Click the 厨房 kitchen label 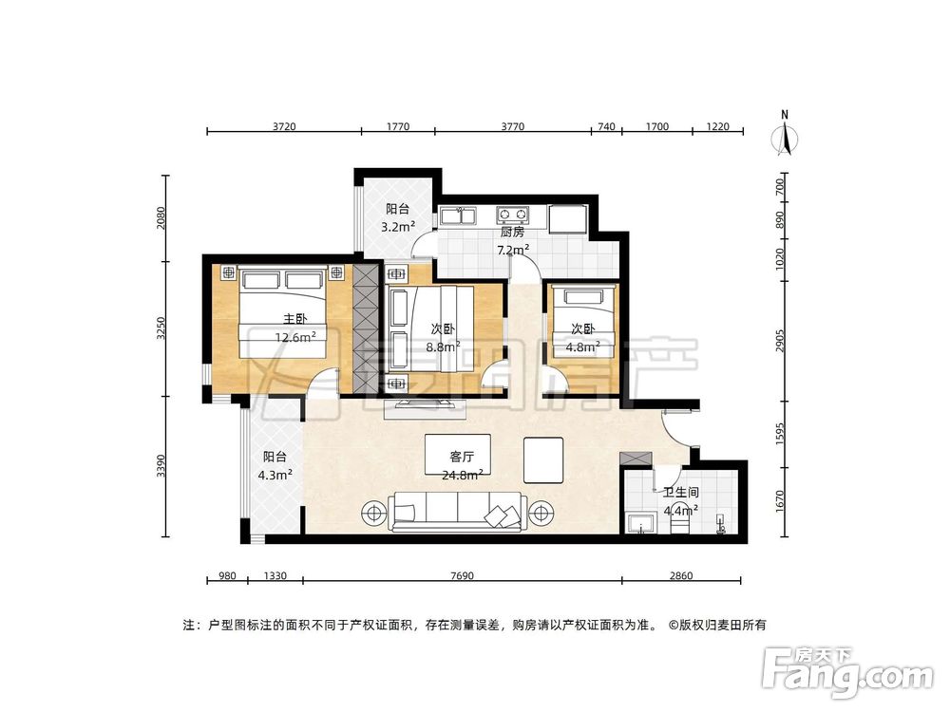(x=512, y=232)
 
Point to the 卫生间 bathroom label (x=678, y=493)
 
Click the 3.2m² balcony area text (x=397, y=227)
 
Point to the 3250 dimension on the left (x=161, y=328)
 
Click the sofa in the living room (x=457, y=514)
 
